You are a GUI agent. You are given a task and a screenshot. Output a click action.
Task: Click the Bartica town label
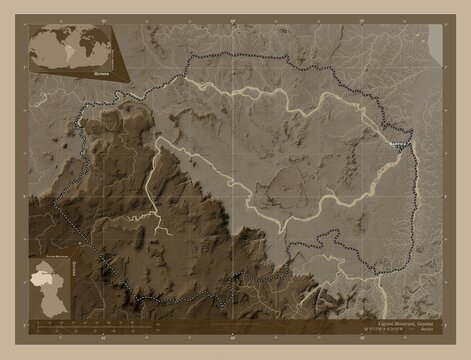pos(399,145)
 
